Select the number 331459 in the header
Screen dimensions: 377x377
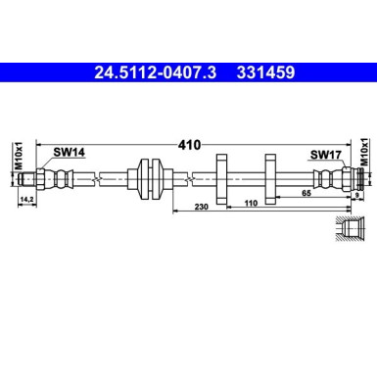tap(261, 71)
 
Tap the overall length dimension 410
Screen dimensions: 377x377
tap(189, 145)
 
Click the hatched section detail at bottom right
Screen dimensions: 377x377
tap(347, 230)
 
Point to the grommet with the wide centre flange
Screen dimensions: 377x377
tap(150, 178)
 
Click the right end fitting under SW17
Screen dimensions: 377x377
tap(333, 178)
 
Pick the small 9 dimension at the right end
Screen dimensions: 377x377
tap(356, 197)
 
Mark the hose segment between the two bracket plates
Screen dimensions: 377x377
tap(246, 178)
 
